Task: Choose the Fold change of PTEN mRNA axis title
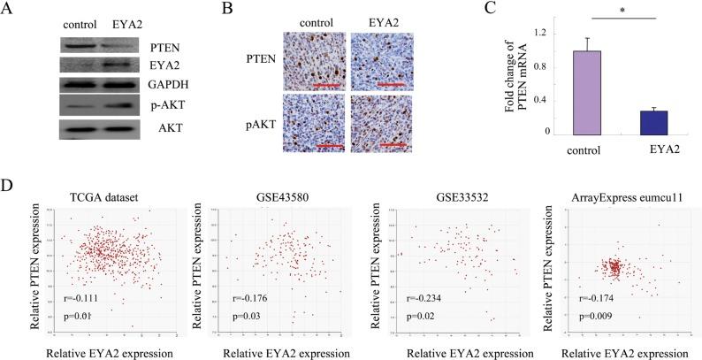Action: pyautogui.click(x=505, y=84)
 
